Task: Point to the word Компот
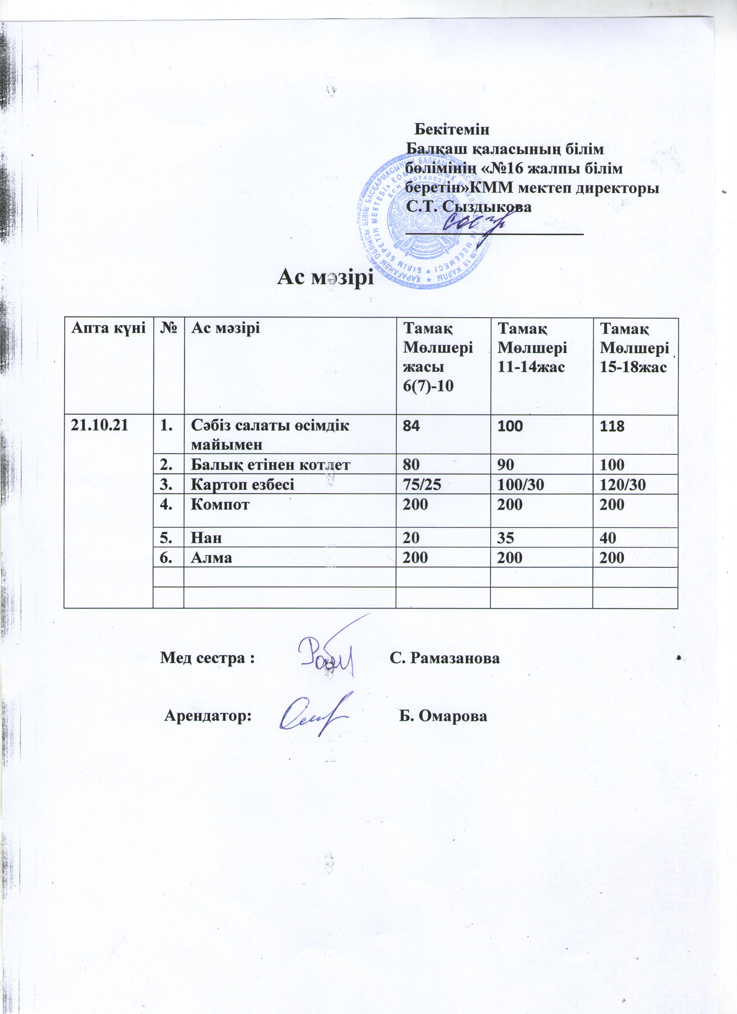(220, 504)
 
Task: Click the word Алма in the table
(212, 558)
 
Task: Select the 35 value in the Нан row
(506, 538)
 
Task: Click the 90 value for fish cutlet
(506, 465)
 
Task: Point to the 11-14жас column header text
(531, 367)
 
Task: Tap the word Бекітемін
(452, 130)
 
